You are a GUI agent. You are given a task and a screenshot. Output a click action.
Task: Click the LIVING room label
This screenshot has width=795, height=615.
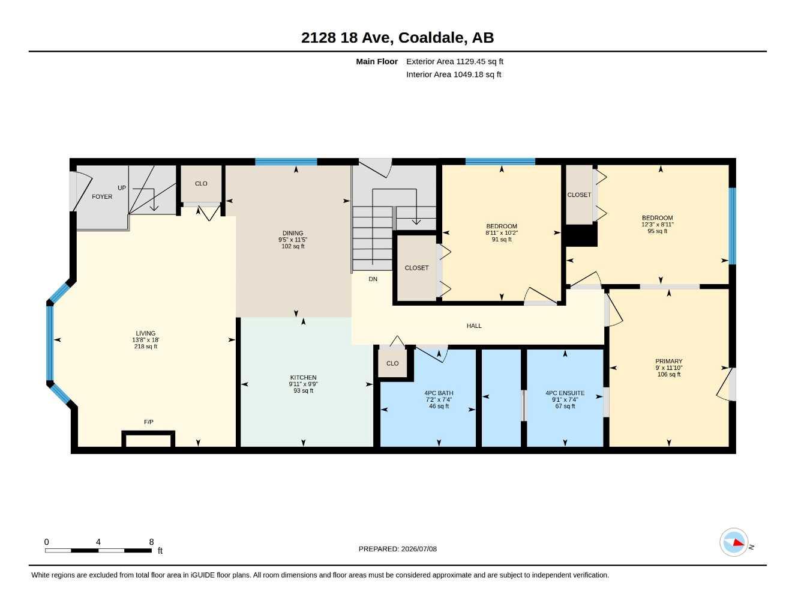click(146, 333)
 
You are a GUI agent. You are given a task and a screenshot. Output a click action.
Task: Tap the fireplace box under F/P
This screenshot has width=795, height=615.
click(148, 438)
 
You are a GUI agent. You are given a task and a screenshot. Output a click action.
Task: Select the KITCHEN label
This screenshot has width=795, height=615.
click(303, 377)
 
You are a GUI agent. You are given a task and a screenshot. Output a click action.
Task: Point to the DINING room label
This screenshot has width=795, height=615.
click(293, 233)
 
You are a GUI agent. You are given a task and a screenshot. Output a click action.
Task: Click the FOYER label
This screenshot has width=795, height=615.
click(102, 196)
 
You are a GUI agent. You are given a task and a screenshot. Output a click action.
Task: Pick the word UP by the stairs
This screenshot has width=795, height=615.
click(122, 188)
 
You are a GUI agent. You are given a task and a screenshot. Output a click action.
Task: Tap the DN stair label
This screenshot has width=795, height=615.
click(373, 279)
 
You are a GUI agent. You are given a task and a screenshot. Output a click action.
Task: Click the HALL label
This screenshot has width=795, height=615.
click(474, 326)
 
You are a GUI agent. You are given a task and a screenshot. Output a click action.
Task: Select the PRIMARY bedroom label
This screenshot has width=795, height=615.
click(669, 361)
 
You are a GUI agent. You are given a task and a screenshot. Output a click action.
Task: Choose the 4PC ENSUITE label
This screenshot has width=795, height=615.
click(565, 393)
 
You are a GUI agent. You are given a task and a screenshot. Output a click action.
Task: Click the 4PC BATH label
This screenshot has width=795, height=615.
click(439, 393)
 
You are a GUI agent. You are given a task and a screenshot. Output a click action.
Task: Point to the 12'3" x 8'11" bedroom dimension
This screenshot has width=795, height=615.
click(658, 225)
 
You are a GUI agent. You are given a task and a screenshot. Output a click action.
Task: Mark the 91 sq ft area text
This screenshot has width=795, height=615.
click(502, 240)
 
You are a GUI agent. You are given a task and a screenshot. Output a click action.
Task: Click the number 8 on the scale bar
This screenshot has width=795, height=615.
click(151, 542)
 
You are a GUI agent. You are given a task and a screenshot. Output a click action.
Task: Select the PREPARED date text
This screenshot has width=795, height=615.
click(398, 549)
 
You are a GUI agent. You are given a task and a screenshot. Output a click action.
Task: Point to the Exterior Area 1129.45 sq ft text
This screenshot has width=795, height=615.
click(455, 61)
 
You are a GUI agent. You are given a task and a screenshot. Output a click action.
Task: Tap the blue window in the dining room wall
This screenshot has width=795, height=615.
click(286, 162)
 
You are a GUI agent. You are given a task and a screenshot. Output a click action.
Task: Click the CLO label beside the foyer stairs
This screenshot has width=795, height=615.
click(201, 183)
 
